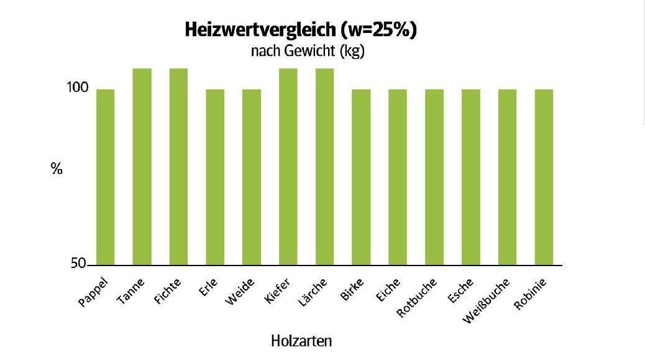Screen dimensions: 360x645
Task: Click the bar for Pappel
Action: pos(105,177)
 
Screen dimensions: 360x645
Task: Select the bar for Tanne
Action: pos(142,167)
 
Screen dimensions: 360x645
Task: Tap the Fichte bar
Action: pos(178,167)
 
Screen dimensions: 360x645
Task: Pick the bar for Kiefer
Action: pos(288,167)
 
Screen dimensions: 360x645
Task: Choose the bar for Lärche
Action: pos(324,167)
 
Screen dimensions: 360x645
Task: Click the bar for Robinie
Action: pos(544,177)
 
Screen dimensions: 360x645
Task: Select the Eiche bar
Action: pos(398,177)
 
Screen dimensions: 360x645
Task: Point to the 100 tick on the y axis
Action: pos(78,89)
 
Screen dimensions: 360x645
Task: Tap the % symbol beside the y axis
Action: pos(57,168)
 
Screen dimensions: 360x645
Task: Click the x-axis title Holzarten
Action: pos(301,341)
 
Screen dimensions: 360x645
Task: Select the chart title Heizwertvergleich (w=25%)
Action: pos(301,30)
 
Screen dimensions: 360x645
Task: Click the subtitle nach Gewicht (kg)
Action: pos(307,52)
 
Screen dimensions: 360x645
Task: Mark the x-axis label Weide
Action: pos(240,292)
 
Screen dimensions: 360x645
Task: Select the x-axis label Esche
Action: pos(460,291)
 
